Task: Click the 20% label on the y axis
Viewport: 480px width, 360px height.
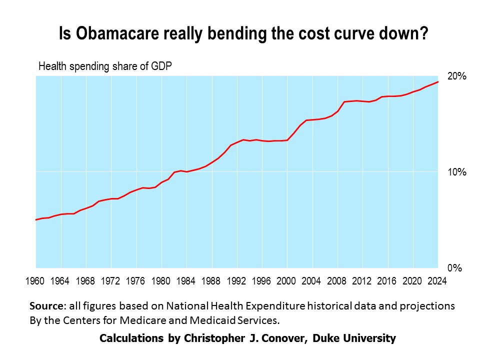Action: click(456, 76)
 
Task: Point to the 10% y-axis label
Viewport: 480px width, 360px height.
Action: click(456, 172)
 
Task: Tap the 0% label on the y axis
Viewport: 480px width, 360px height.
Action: click(454, 268)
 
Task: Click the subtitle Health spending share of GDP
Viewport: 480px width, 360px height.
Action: click(105, 66)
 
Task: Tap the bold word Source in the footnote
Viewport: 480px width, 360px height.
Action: click(46, 306)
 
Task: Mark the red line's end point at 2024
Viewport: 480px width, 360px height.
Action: click(438, 81)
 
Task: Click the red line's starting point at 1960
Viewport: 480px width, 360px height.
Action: click(36, 219)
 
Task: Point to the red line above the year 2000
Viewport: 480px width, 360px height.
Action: click(287, 140)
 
